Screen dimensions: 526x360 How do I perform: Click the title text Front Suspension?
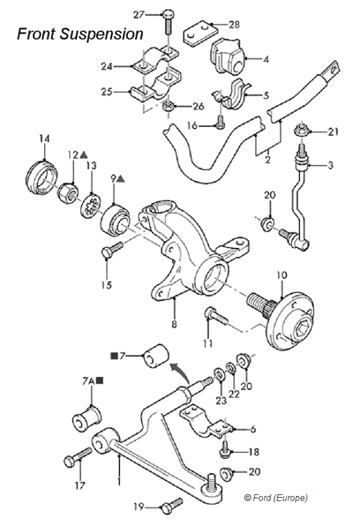pos(80,34)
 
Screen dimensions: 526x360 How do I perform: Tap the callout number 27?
pos(139,13)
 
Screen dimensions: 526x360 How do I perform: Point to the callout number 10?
pos(283,277)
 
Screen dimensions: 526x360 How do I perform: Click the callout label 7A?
pos(88,380)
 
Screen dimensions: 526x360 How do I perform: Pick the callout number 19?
pos(139,507)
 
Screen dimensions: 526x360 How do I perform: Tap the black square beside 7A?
pos(99,380)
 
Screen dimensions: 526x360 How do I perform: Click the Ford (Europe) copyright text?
pos(276,498)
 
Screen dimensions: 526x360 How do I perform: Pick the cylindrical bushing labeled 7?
pos(155,354)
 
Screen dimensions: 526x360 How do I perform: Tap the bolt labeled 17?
pos(77,460)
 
